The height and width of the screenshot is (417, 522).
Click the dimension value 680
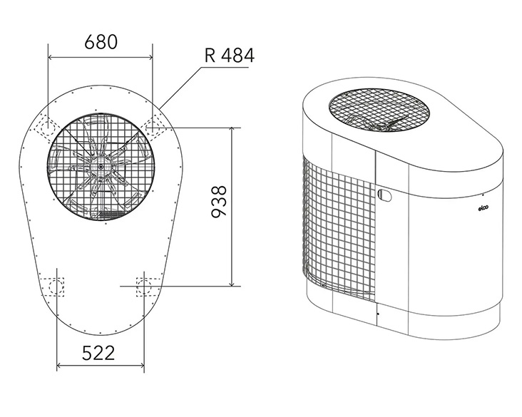coord(101,42)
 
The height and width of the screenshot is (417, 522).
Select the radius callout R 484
coord(228,55)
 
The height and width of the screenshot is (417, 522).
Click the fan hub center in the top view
coord(101,167)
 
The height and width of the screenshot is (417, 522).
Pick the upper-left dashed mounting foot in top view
coord(49,123)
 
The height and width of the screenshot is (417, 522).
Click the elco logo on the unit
coord(482,209)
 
